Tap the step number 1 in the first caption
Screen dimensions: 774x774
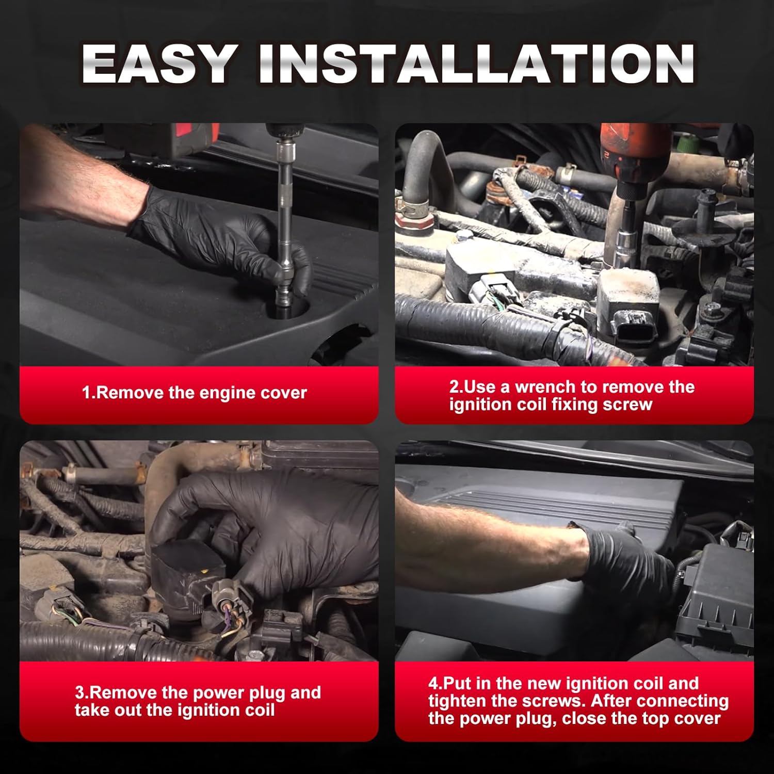[x=87, y=393]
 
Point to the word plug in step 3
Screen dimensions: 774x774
[x=267, y=693]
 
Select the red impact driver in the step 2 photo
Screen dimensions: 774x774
[x=634, y=155]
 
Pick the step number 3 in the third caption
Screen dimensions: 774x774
[x=79, y=692]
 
